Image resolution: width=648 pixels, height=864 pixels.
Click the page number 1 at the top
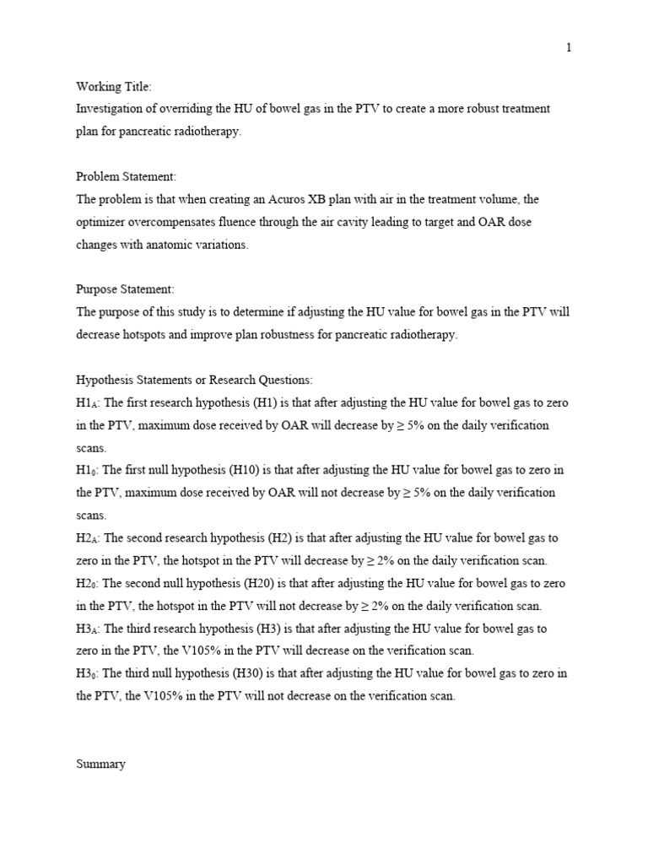[x=569, y=48]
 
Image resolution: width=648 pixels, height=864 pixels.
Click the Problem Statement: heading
[x=127, y=177]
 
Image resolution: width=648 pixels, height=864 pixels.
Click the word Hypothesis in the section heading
[x=106, y=380]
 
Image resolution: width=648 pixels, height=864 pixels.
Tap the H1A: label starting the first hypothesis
[x=88, y=402]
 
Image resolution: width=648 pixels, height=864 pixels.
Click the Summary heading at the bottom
[x=100, y=764]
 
